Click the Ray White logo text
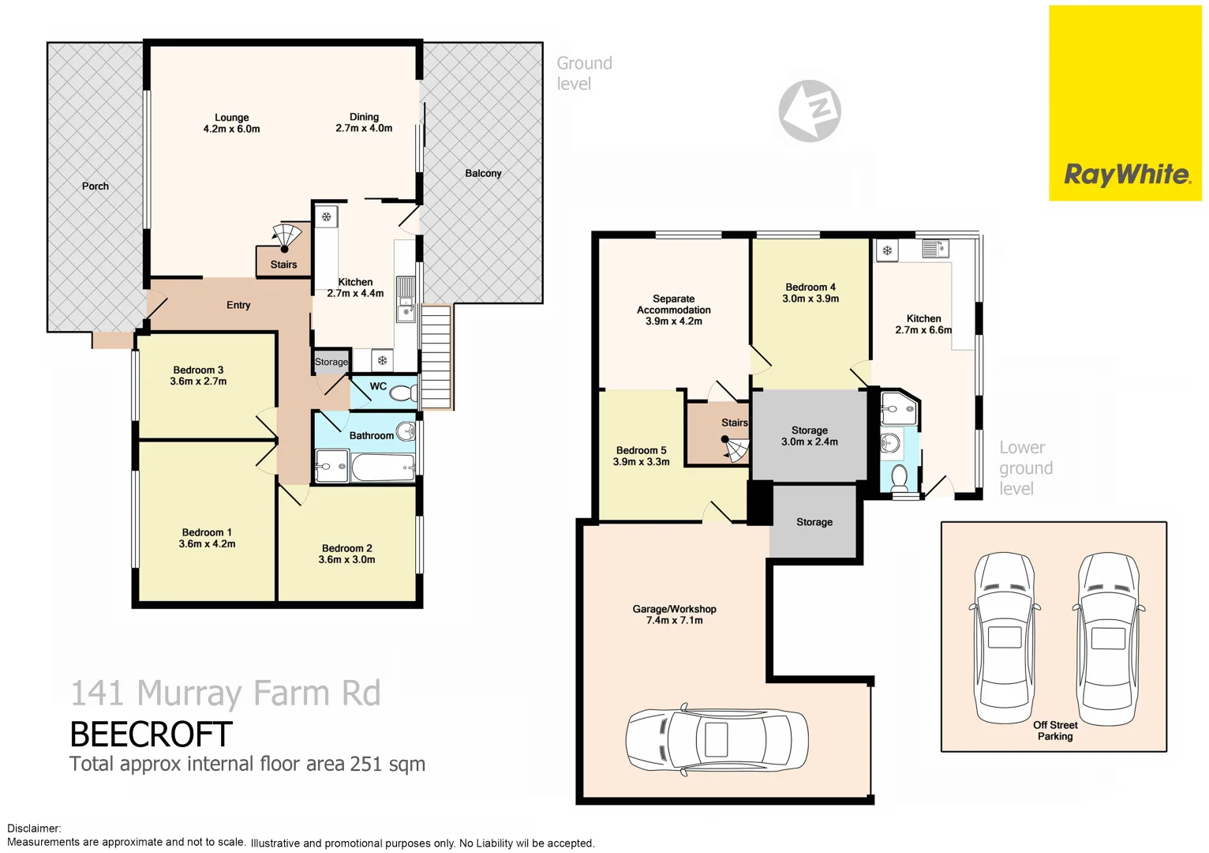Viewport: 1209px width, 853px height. click(x=1126, y=175)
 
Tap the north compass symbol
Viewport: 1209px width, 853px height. click(x=810, y=111)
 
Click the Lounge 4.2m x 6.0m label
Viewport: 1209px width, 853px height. click(x=231, y=123)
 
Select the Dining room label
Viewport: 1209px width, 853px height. click(x=364, y=122)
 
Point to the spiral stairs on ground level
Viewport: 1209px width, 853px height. click(x=285, y=239)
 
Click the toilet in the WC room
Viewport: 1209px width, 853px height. click(x=403, y=392)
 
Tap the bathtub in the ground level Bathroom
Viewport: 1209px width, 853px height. click(x=383, y=468)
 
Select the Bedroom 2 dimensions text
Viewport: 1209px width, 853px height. click(x=346, y=560)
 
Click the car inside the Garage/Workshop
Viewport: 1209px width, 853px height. click(x=717, y=741)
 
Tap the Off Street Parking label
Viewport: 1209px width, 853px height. click(x=1055, y=731)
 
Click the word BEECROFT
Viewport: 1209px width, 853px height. click(x=151, y=735)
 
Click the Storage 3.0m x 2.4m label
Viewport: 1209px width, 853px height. click(x=810, y=436)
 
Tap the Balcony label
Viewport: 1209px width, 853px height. click(x=483, y=173)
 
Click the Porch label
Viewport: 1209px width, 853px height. click(x=95, y=186)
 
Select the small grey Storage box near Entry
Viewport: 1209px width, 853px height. click(x=331, y=362)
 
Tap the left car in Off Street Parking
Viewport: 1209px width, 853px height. click(x=1005, y=636)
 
